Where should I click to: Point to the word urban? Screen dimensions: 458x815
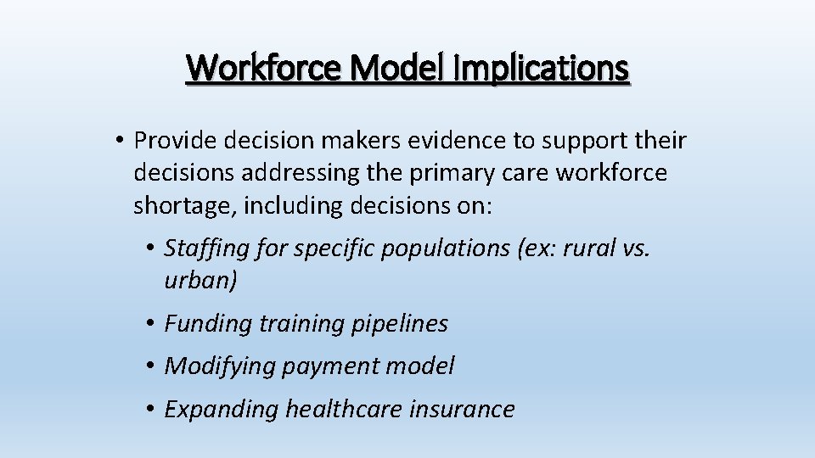(x=200, y=281)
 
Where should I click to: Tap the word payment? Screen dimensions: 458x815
(x=332, y=366)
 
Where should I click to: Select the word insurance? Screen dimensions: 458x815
(x=462, y=409)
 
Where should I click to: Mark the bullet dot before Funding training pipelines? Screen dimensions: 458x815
(x=149, y=323)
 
